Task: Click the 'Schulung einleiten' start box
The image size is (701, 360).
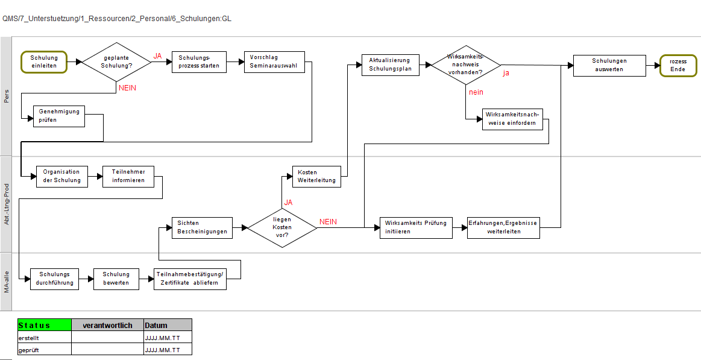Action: pyautogui.click(x=44, y=62)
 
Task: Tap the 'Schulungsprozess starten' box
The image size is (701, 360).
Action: pyautogui.click(x=199, y=62)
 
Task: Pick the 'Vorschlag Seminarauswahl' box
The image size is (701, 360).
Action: pyautogui.click(x=274, y=62)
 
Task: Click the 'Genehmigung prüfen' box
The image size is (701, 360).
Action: pyautogui.click(x=59, y=116)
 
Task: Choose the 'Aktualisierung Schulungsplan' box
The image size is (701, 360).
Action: pyautogui.click(x=391, y=65)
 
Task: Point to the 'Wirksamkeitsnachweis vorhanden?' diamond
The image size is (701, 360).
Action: pyautogui.click(x=465, y=65)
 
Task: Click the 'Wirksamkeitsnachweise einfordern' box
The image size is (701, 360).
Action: pyautogui.click(x=513, y=119)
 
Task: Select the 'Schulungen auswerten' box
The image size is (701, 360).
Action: pyautogui.click(x=609, y=65)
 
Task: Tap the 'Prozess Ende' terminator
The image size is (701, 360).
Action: pyautogui.click(x=678, y=66)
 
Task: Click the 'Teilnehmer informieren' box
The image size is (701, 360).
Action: pyautogui.click(x=128, y=177)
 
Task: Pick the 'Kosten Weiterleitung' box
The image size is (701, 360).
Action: pyautogui.click(x=316, y=177)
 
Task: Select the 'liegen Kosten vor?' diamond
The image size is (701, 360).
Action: pyautogui.click(x=282, y=227)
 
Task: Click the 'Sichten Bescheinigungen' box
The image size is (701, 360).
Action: pyautogui.click(x=202, y=227)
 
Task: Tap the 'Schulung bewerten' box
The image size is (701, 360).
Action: pyautogui.click(x=116, y=279)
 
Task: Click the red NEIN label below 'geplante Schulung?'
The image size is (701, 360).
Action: pyautogui.click(x=127, y=88)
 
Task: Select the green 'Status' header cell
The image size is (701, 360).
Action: pyautogui.click(x=44, y=325)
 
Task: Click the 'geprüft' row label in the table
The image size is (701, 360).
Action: pyautogui.click(x=28, y=350)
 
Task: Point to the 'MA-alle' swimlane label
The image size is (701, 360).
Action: pyautogui.click(x=6, y=282)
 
